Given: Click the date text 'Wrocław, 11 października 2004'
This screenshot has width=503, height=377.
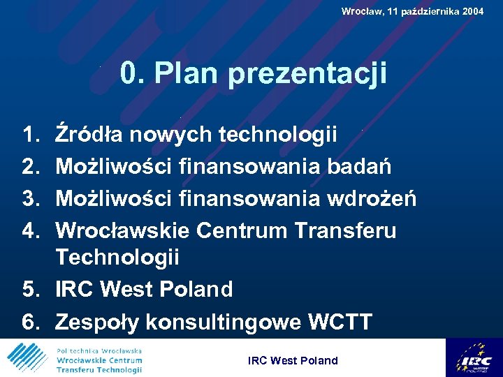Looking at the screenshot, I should (412, 11).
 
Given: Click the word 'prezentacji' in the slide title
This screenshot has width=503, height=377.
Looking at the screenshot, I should (307, 74).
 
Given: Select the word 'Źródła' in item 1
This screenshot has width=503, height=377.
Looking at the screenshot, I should (89, 133).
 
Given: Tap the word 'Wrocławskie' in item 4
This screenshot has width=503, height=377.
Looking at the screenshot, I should (123, 230).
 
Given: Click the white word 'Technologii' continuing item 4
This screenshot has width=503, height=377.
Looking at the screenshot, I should (117, 257).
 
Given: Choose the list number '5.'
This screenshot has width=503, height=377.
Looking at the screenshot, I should (32, 288).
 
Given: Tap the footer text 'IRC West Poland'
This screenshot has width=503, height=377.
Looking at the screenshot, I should (293, 361).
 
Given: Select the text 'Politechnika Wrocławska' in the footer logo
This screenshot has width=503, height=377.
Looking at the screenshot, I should (99, 350).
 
